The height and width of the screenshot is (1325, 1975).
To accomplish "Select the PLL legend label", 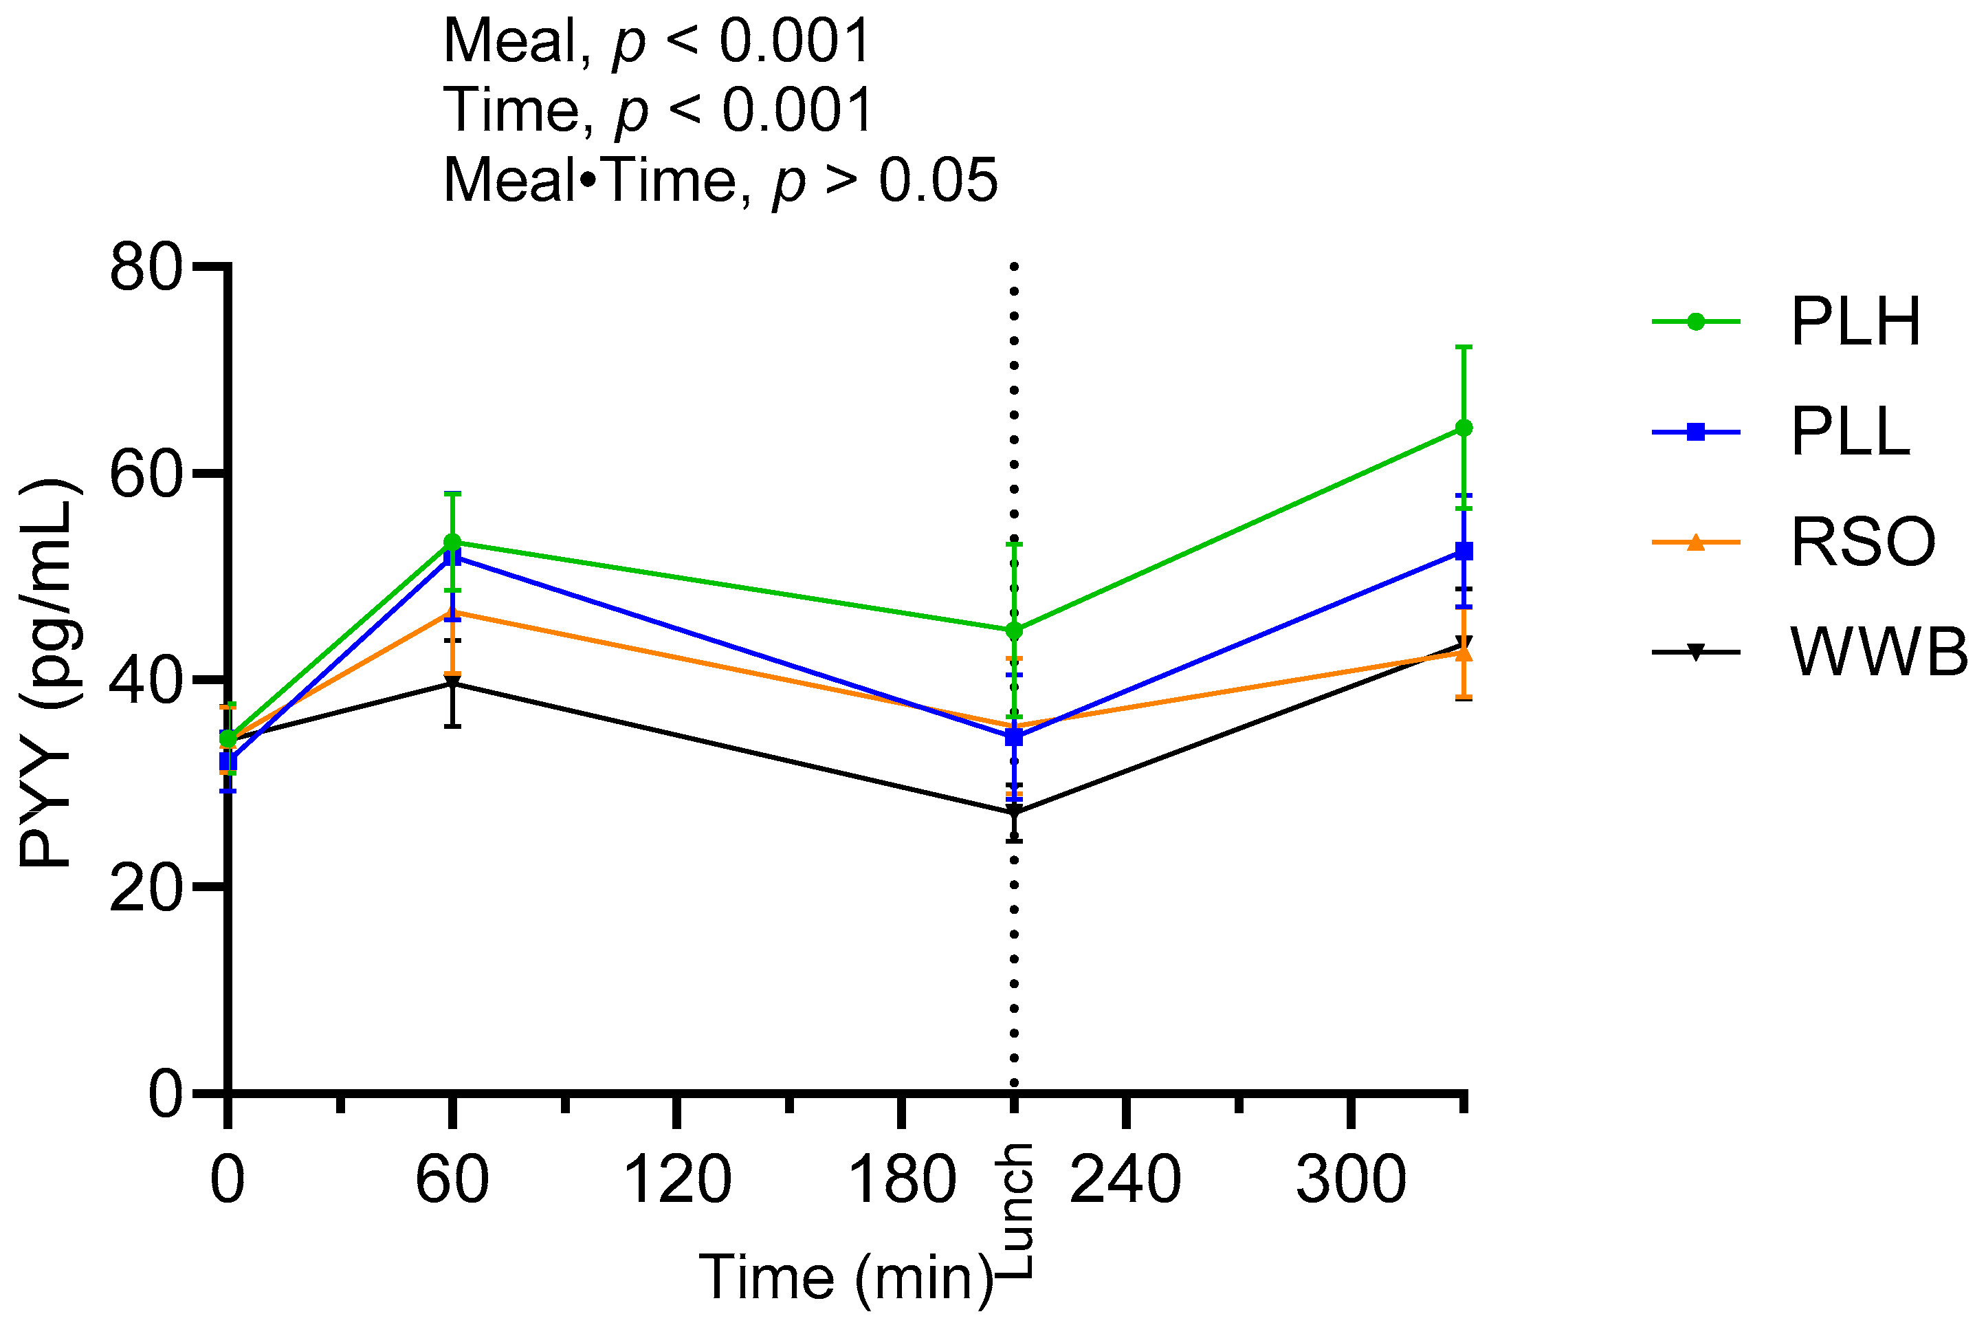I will click(x=1850, y=432).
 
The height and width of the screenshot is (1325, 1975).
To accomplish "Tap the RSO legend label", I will click(x=1863, y=543).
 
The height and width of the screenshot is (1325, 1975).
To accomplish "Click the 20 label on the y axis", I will click(x=145, y=889).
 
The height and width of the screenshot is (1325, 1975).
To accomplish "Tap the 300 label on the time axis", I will click(x=1351, y=1180).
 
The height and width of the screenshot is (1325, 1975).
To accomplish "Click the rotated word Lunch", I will click(x=1015, y=1210).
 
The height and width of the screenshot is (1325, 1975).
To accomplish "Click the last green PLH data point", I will click(x=1464, y=428).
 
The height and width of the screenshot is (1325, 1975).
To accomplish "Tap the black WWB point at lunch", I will click(x=1015, y=813).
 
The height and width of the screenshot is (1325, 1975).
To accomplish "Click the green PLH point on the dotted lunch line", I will click(x=1015, y=631).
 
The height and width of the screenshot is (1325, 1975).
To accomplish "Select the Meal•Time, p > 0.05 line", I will click(x=720, y=180).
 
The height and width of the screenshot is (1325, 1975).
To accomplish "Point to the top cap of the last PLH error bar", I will click(x=1464, y=347).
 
